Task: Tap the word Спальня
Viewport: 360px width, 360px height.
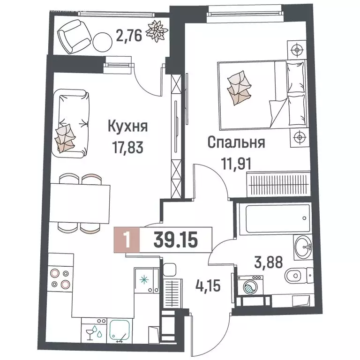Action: pyautogui.click(x=236, y=142)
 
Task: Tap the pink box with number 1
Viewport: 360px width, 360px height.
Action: pyautogui.click(x=126, y=240)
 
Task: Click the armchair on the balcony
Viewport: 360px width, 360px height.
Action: pyautogui.click(x=71, y=36)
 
